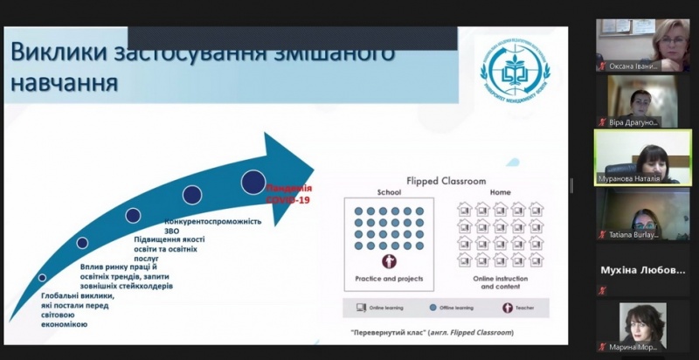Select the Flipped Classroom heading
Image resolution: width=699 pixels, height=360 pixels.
coord(449,182)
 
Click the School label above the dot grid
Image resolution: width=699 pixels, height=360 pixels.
coord(389,193)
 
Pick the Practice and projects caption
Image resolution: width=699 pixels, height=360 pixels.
coord(390,279)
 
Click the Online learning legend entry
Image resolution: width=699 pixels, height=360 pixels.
coord(377,308)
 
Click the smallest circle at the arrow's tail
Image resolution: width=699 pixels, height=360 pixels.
coord(43,278)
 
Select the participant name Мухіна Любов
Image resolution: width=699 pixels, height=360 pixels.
coord(642,270)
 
